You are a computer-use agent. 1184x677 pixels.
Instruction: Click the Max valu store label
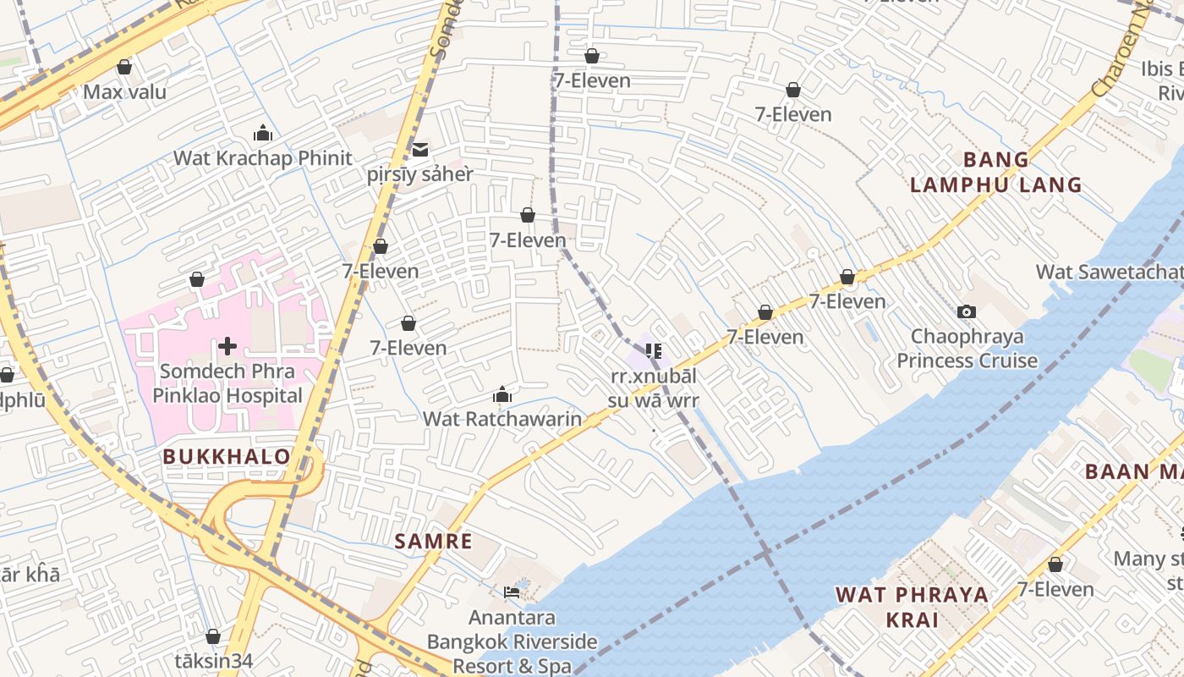coord(124,91)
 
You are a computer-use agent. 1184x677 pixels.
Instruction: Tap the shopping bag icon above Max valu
coord(124,67)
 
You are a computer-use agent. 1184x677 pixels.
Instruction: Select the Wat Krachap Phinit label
coord(262,158)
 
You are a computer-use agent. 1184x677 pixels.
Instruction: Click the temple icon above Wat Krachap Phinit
coord(262,133)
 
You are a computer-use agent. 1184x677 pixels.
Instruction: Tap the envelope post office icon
coord(419,150)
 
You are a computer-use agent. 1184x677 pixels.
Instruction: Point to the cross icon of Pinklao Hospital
coord(227,345)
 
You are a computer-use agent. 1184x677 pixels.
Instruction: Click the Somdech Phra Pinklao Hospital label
coord(227,383)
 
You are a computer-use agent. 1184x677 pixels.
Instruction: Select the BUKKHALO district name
coord(227,457)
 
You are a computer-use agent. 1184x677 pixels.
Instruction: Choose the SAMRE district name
coord(433,542)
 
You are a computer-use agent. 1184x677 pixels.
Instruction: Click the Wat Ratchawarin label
coord(502,419)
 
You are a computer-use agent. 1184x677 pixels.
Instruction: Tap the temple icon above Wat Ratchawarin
coord(502,394)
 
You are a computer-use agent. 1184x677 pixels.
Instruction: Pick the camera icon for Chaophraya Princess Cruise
coord(966,312)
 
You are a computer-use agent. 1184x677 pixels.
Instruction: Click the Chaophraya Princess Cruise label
coord(967,349)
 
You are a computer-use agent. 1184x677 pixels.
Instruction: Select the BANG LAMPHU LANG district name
coord(995,172)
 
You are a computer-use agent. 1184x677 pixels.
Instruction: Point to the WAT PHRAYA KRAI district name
coord(912,607)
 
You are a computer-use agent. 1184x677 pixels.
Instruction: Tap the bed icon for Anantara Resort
coord(511,592)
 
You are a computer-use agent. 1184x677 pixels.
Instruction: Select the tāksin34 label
coord(213,661)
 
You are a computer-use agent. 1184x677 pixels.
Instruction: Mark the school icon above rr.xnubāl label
coord(653,350)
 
